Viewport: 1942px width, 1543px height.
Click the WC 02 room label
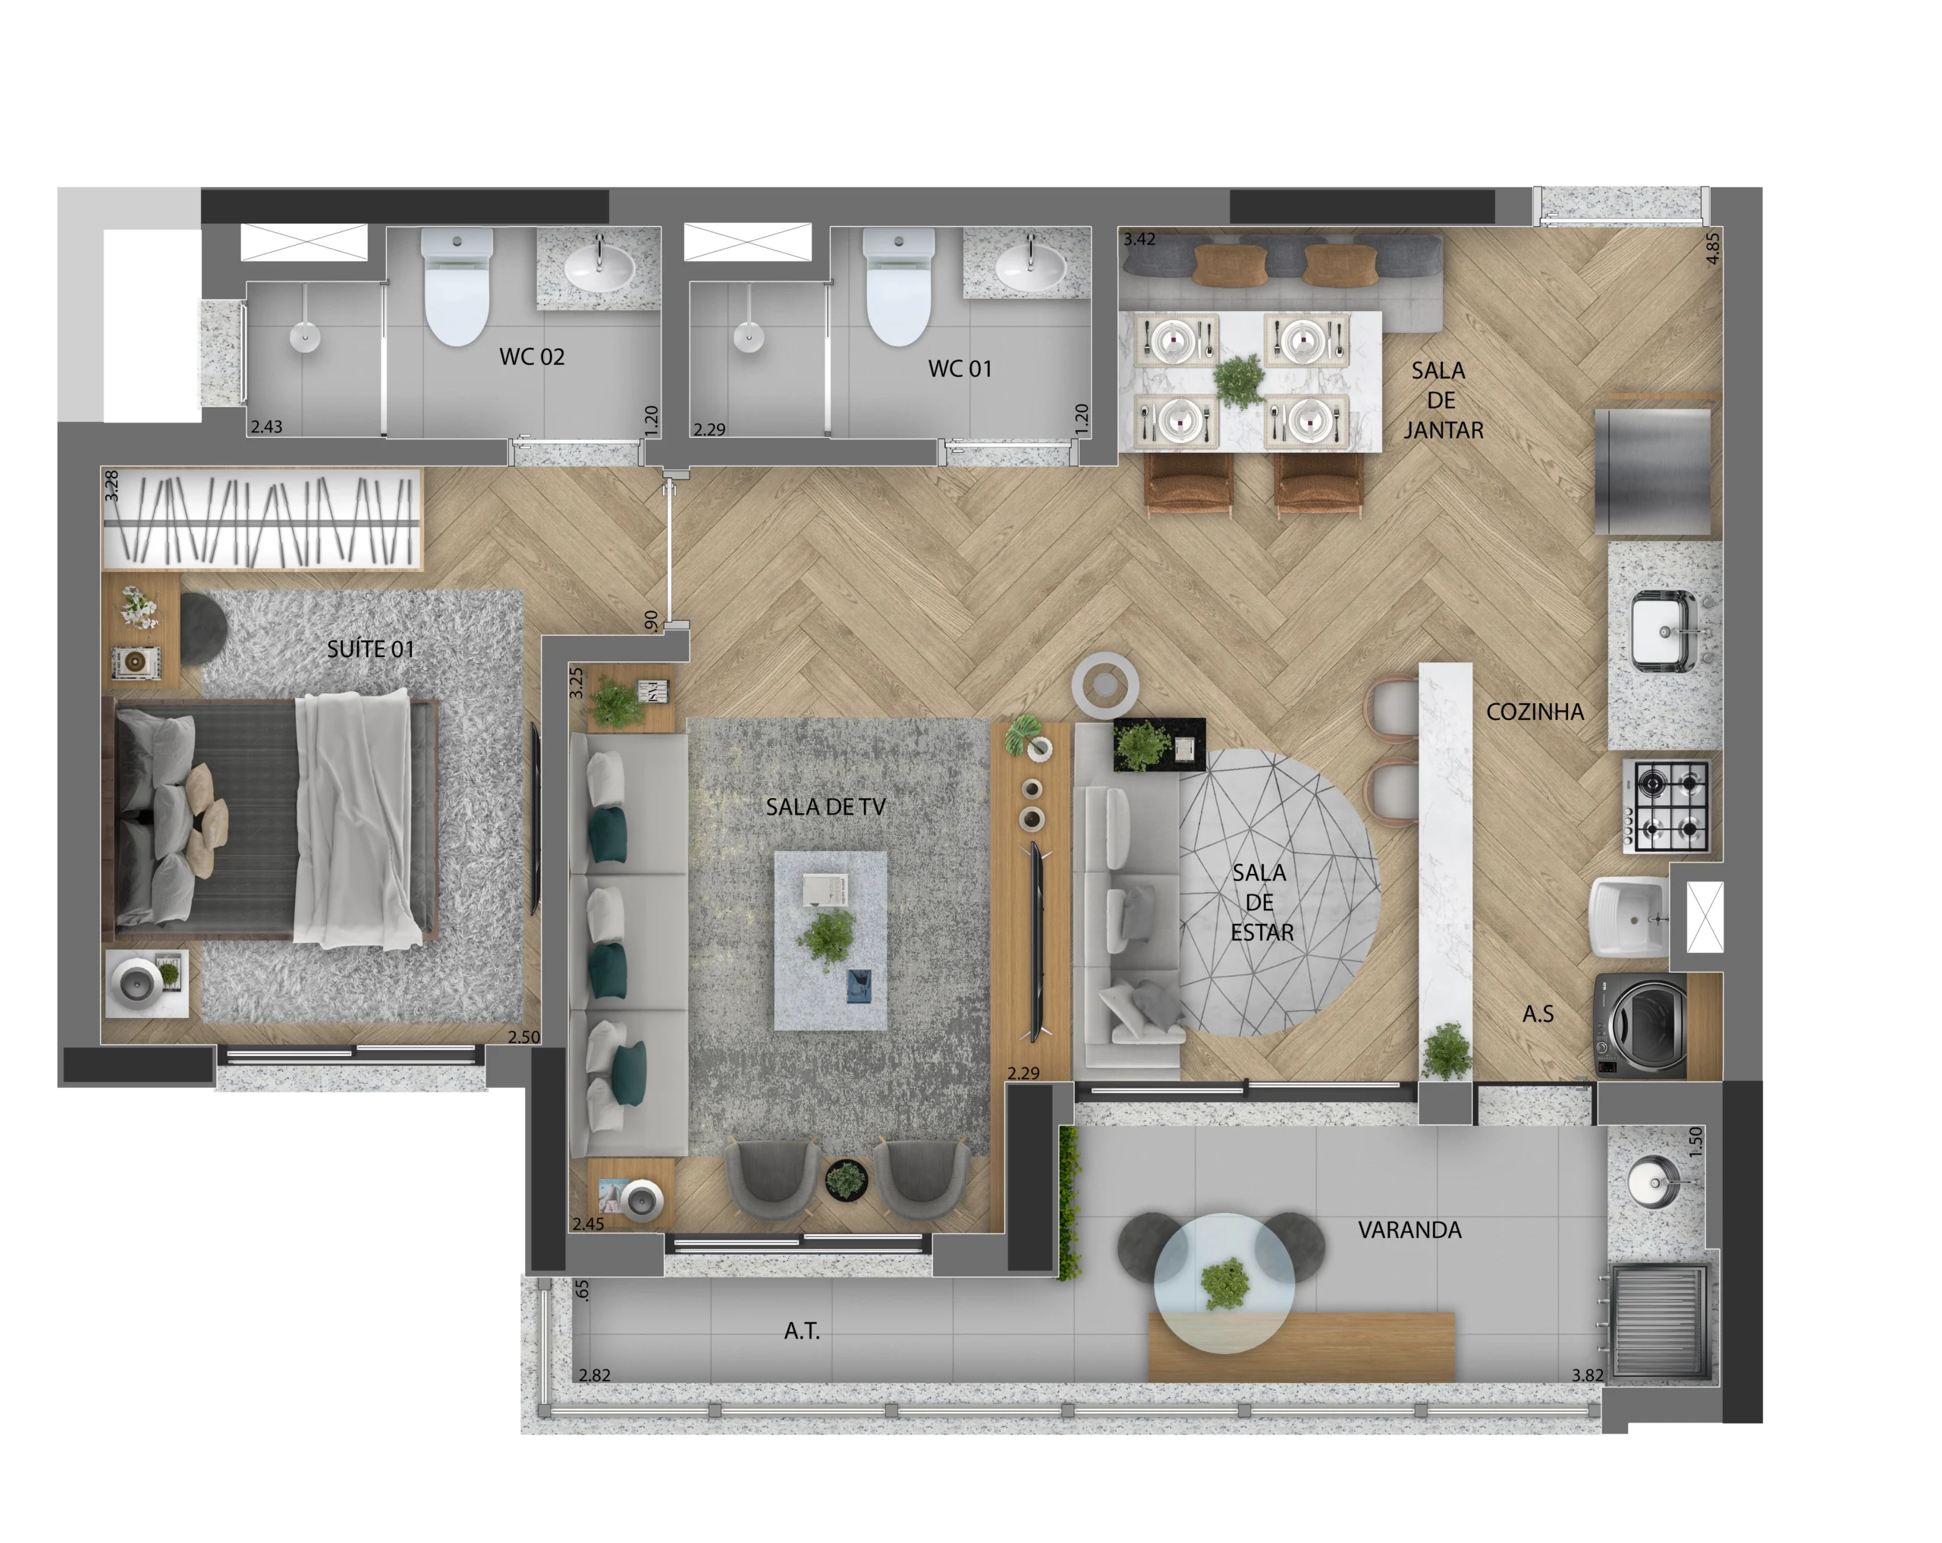[x=532, y=357]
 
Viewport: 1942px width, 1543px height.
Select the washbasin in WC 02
[x=599, y=265]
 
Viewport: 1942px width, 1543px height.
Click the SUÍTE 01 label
[x=370, y=649]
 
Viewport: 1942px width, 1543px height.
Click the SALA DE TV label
[x=825, y=806]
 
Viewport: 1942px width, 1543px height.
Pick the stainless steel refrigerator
[x=1652, y=472]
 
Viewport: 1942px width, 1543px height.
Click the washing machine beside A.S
[x=1640, y=1025]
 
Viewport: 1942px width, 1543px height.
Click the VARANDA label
[x=1409, y=1230]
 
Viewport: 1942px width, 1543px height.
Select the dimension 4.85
[x=1712, y=248]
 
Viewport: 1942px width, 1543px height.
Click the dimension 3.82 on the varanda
[x=1587, y=1375]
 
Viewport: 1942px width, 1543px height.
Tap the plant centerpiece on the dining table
[x=1240, y=381]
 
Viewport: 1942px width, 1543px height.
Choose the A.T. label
[x=802, y=1331]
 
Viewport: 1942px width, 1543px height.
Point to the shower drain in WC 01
[x=749, y=337]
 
